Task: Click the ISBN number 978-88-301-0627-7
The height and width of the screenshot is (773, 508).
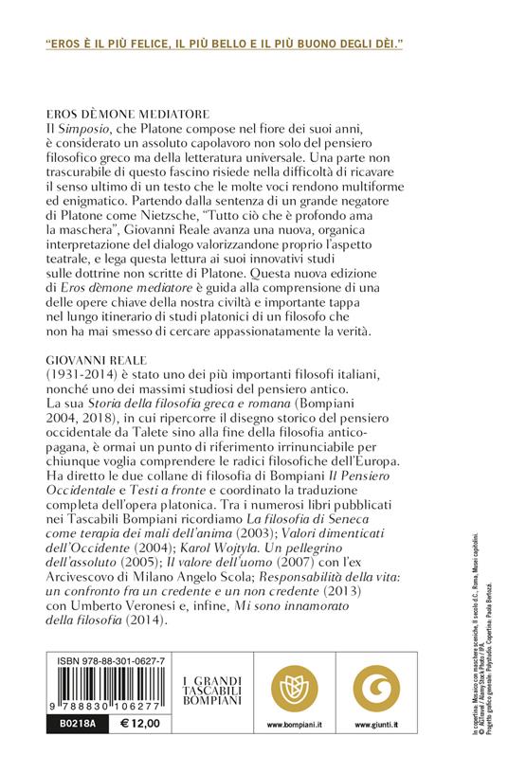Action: pyautogui.click(x=108, y=660)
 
